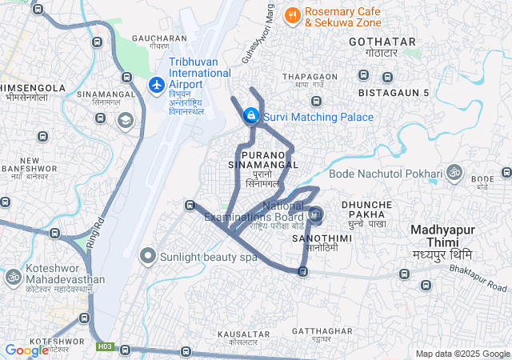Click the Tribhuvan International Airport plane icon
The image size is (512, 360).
(156, 83)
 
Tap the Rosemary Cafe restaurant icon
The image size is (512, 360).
(293, 14)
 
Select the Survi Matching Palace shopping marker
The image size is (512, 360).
(251, 116)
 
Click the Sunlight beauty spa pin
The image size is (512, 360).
(147, 257)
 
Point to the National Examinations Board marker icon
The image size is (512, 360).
(315, 214)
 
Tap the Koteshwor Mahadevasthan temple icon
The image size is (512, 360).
(13, 277)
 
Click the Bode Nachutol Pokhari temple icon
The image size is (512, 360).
(454, 173)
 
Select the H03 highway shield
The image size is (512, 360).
(105, 346)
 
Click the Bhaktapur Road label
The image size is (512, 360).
(487, 282)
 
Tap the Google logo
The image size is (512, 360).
(26, 350)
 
